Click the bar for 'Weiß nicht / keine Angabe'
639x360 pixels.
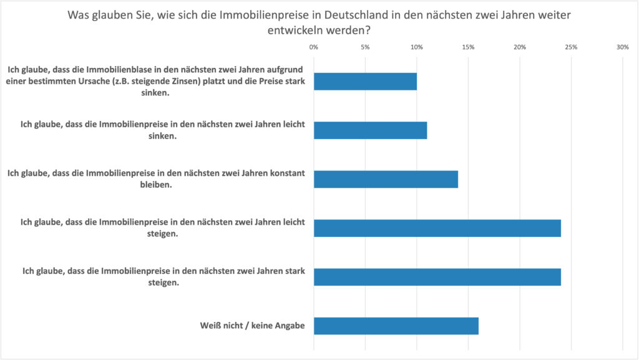pos(396,326)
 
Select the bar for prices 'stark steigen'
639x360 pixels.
pos(437,277)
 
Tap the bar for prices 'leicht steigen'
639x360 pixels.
pos(437,228)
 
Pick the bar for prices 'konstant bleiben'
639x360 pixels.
pos(386,179)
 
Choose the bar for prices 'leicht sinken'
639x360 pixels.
pos(370,130)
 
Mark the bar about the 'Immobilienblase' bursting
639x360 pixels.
pos(365,82)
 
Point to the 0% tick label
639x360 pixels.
pos(314,47)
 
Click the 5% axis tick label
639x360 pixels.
pos(365,47)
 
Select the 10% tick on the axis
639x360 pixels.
pos(417,47)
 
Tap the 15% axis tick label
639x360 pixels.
pos(468,47)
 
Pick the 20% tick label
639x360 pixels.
pos(520,47)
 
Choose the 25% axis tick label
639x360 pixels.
pos(571,47)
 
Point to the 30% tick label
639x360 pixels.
pos(622,47)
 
